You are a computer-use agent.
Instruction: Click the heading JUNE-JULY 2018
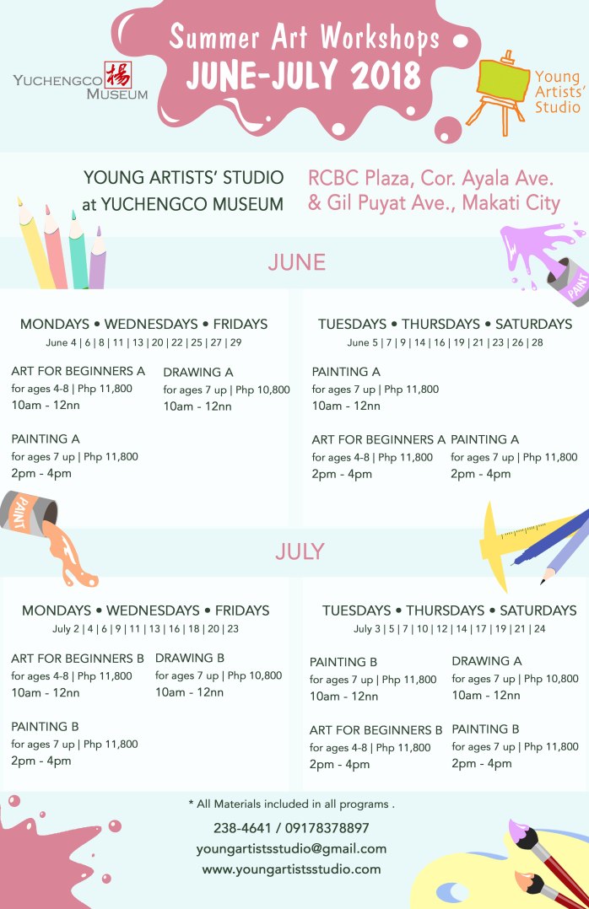click(x=304, y=77)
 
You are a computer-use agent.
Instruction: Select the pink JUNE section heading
click(x=296, y=263)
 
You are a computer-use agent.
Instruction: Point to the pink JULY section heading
click(x=300, y=551)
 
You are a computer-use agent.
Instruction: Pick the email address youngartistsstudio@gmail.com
click(x=291, y=848)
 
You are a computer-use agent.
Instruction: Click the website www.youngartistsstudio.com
click(x=291, y=869)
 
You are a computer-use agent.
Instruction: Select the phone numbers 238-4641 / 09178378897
click(x=291, y=828)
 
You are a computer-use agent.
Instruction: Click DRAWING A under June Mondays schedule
click(x=198, y=372)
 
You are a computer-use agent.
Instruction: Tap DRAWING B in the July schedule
click(x=190, y=658)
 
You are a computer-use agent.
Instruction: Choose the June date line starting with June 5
click(x=445, y=342)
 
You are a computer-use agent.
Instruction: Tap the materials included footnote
click(x=291, y=804)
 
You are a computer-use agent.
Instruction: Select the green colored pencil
click(x=78, y=253)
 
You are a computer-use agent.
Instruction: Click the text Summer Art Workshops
click(x=304, y=38)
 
